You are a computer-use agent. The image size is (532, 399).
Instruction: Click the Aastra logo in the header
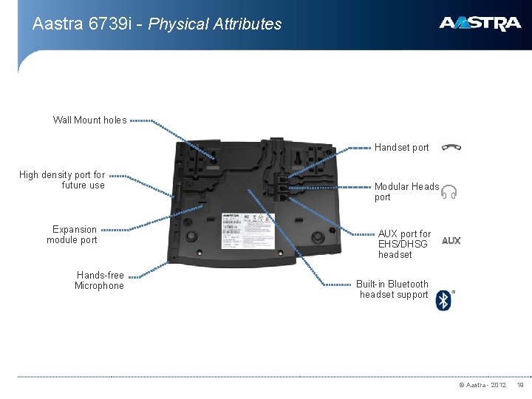click(480, 24)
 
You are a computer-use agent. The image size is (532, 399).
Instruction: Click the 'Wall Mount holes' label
click(89, 120)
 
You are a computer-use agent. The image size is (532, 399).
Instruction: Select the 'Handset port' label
click(401, 148)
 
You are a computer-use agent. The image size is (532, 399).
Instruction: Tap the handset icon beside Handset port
click(451, 147)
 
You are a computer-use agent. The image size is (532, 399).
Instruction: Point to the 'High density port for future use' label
click(62, 180)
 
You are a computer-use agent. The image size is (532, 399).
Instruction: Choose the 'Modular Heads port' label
click(406, 192)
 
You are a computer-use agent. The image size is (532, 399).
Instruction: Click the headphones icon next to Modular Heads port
click(449, 193)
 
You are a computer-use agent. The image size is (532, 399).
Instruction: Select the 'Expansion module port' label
click(72, 235)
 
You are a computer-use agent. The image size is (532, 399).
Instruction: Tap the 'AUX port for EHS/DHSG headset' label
click(404, 244)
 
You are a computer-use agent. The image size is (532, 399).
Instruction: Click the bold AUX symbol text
click(451, 241)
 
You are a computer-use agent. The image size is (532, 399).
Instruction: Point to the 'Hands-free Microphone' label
click(100, 281)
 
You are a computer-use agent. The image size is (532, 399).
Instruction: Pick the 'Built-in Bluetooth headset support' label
click(392, 289)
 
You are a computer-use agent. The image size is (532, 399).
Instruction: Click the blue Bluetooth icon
click(443, 300)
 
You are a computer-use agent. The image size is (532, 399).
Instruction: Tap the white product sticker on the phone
click(248, 231)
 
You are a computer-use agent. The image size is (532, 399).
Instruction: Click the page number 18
click(519, 385)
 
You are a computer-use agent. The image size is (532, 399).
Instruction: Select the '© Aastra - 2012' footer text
click(482, 385)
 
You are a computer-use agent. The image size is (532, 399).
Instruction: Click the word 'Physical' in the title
click(178, 24)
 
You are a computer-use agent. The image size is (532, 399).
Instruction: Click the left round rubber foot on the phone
click(192, 236)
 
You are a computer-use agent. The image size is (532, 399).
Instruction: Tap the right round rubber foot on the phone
click(317, 236)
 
